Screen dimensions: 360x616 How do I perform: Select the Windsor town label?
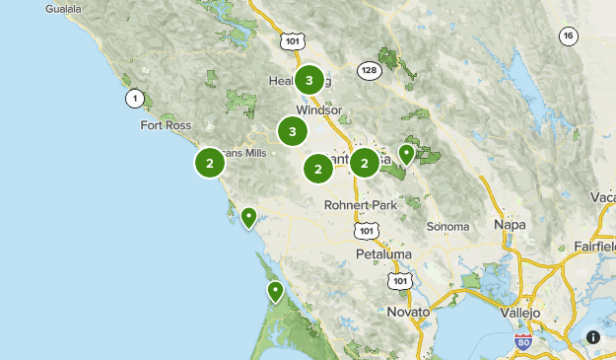317,110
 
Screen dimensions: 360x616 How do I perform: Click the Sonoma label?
447,226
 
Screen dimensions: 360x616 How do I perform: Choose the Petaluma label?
383,254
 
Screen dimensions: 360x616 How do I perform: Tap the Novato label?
409,312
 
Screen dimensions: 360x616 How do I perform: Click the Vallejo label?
520,312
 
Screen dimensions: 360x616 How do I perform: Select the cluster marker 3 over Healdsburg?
309,80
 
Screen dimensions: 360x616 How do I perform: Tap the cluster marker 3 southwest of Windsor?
292,130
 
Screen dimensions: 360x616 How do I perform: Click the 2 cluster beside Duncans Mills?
210,163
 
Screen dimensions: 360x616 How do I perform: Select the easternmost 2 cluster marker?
365,163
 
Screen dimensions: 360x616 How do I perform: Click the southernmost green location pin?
275,291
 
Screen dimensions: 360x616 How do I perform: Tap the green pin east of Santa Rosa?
406,153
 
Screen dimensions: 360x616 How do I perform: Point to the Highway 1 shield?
134,98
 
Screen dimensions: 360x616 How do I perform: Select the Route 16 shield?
568,36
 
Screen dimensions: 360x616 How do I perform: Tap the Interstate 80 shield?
524,342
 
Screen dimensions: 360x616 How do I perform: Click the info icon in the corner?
593,337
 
